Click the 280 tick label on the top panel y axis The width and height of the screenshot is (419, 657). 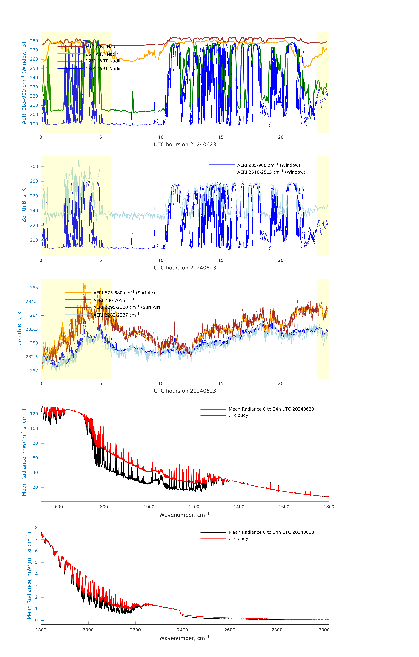[34, 41]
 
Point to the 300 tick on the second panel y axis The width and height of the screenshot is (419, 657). [34, 166]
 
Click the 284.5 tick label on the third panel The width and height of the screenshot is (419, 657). [32, 301]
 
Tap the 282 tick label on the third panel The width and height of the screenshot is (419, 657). [34, 371]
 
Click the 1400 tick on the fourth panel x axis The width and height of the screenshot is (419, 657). [239, 507]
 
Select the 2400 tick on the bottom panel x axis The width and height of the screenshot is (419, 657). [183, 630]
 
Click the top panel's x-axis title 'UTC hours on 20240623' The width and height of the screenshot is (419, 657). [185, 145]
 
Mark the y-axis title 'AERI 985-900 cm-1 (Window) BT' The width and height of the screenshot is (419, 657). [24, 82]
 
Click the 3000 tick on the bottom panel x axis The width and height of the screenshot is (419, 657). [324, 630]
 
